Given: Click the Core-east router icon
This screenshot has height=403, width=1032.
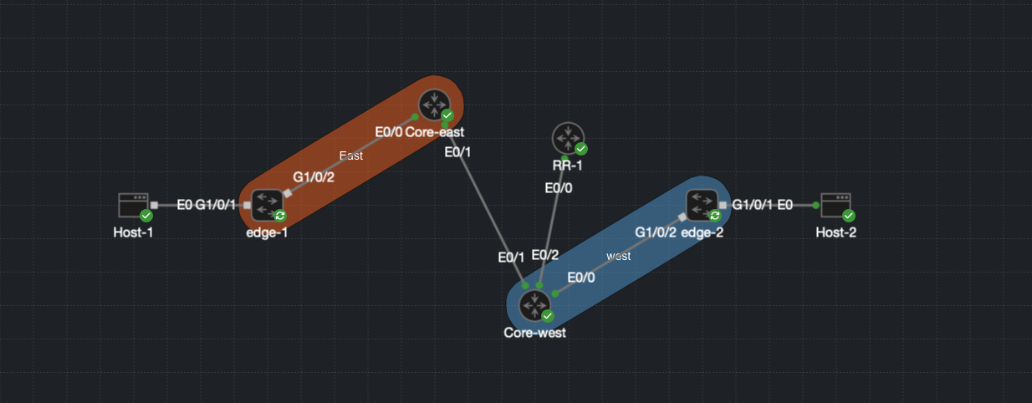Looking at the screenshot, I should (433, 105).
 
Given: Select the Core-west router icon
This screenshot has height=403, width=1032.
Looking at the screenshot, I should (534, 305).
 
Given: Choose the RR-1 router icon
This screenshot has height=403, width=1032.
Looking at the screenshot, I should (568, 138).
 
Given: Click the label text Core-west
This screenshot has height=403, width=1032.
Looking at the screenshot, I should (534, 333).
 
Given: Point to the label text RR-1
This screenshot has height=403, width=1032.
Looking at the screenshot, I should (568, 165).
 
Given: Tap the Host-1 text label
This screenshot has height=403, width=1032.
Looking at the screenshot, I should (134, 232).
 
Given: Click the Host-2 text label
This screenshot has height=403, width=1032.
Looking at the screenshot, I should (835, 232).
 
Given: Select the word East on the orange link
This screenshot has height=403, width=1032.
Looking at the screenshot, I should (350, 156).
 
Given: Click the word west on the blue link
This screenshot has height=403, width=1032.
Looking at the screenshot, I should (618, 256).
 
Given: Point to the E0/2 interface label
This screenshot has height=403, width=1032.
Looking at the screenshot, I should (545, 255).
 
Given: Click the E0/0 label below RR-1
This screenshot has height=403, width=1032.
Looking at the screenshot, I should (559, 188).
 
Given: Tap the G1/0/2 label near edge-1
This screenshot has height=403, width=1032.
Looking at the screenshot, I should (314, 177).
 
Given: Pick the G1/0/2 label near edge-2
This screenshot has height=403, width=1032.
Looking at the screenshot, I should (656, 232).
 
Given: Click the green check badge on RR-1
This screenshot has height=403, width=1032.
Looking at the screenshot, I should (581, 149).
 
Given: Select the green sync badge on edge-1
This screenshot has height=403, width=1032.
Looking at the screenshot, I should (280, 216).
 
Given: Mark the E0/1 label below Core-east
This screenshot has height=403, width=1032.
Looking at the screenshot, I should (457, 152).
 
